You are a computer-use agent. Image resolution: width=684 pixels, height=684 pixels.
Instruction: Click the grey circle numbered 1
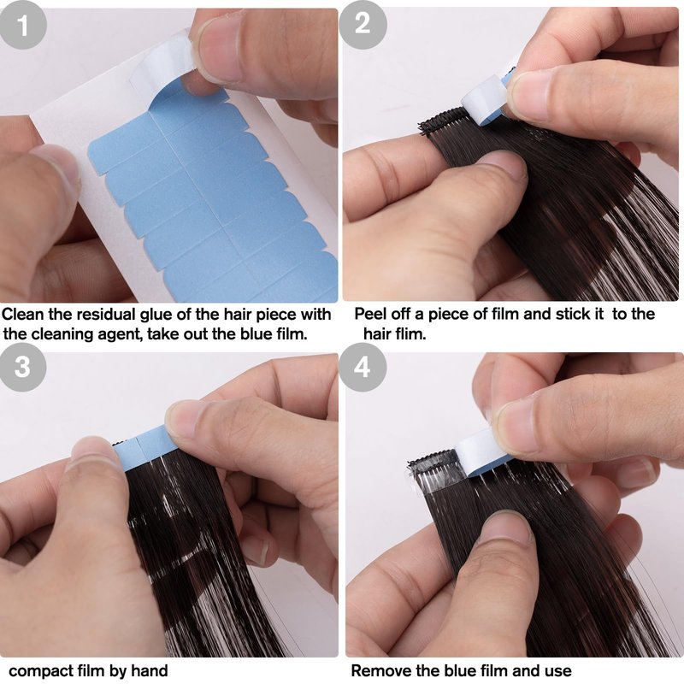click(23, 26)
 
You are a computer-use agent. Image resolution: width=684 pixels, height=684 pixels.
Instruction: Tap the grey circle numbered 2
click(363, 25)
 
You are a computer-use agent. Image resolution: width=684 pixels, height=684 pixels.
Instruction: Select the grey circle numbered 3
click(23, 367)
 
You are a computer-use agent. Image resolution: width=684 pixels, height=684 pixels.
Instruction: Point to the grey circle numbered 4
click(363, 367)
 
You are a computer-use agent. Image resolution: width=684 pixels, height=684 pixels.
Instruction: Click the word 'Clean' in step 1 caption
click(23, 314)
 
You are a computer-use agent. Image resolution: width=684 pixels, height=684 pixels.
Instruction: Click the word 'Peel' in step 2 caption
click(370, 314)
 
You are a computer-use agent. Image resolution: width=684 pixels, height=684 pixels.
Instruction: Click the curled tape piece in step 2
click(486, 100)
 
